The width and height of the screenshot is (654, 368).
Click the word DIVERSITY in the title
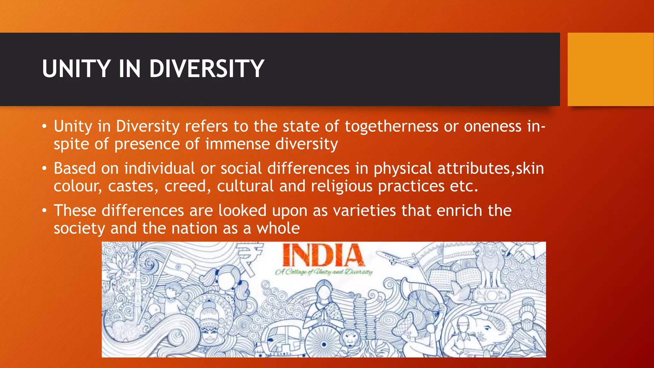pyautogui.click(x=207, y=69)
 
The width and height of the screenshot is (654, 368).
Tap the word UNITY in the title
pyautogui.click(x=76, y=69)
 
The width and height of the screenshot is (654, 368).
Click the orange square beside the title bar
pyautogui.click(x=611, y=69)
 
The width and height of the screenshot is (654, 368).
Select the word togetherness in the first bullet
pyautogui.click(x=391, y=126)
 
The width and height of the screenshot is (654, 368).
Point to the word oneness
pyautogui.click(x=492, y=126)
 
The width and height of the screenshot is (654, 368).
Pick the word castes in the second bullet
pyautogui.click(x=133, y=186)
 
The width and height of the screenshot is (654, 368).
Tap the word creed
pyautogui.click(x=187, y=186)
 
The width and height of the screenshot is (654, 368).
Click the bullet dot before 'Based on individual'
pyautogui.click(x=45, y=168)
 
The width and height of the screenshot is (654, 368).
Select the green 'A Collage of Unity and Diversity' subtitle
pyautogui.click(x=324, y=272)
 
